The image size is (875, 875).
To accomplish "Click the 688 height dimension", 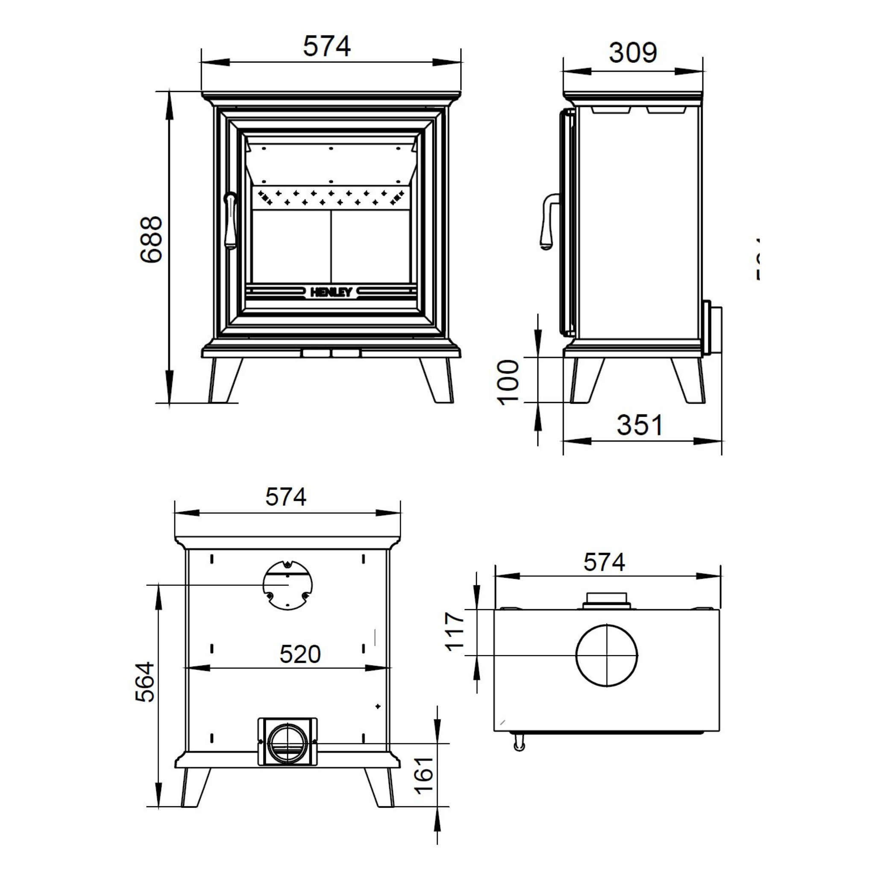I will (151, 239).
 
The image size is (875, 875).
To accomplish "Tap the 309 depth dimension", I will (632, 53).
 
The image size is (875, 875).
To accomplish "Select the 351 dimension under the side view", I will (640, 425).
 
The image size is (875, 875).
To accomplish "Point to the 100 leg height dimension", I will (508, 382).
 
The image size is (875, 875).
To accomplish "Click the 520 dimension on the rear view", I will (300, 654).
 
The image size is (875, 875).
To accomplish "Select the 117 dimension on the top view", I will (455, 632).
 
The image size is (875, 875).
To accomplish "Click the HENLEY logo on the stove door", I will (331, 292).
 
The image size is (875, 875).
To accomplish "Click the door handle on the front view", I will (231, 220).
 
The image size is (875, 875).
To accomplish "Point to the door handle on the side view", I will (548, 222).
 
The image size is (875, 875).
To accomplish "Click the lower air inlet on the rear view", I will (288, 741).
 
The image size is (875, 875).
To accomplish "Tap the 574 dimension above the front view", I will (326, 46).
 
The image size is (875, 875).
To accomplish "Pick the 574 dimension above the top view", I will (604, 563).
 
